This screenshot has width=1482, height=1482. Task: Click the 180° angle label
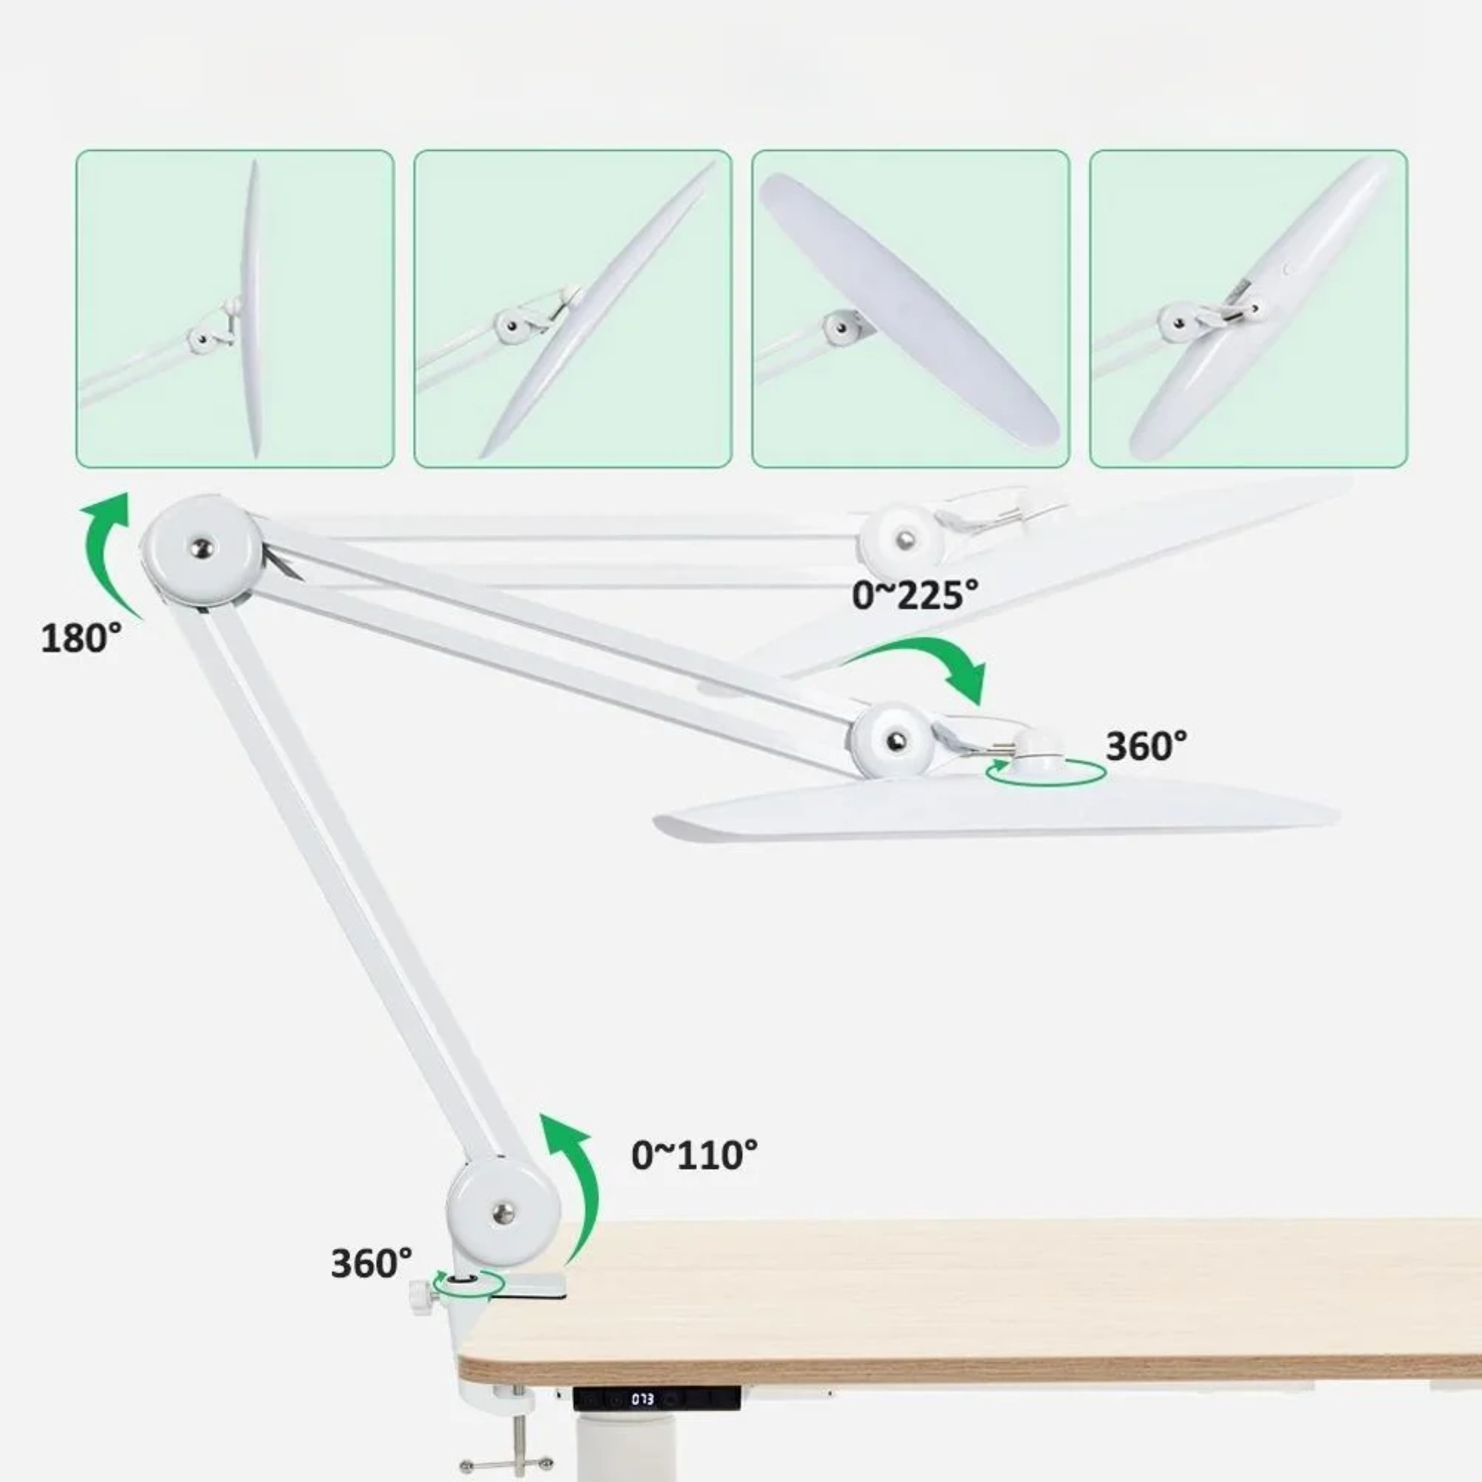pyautogui.click(x=82, y=638)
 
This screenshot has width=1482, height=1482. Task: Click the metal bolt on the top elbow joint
pyautogui.click(x=203, y=548)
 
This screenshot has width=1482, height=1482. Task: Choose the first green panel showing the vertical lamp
pyautogui.click(x=235, y=308)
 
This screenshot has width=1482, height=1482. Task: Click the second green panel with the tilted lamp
pyautogui.click(x=573, y=308)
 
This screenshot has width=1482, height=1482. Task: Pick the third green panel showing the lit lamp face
pyautogui.click(x=910, y=308)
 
